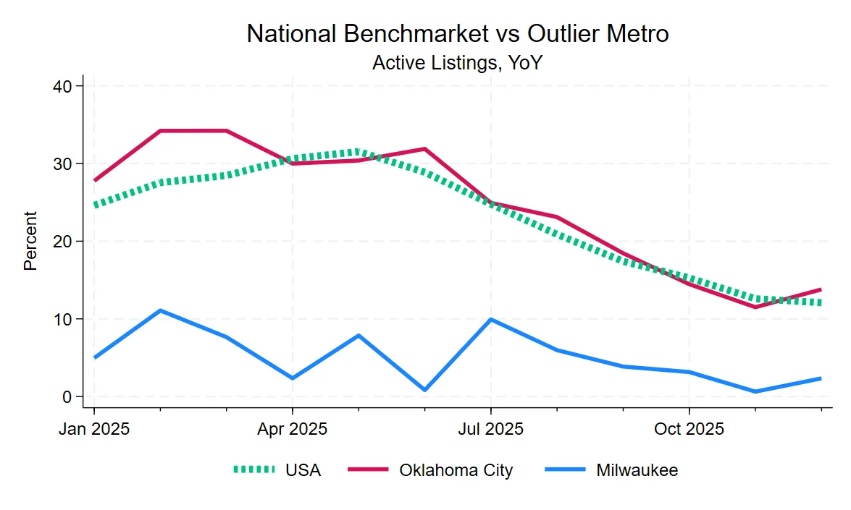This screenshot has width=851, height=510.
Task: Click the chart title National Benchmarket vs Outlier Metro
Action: click(457, 33)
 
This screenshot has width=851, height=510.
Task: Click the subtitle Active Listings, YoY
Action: click(457, 63)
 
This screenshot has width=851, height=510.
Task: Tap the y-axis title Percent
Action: click(30, 241)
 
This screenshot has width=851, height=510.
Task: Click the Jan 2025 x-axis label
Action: click(94, 429)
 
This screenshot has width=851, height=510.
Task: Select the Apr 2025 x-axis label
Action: click(292, 429)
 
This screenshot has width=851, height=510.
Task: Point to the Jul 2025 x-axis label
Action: click(490, 429)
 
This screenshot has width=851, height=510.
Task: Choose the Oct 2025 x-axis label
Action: click(689, 429)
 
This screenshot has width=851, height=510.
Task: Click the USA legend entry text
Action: click(303, 470)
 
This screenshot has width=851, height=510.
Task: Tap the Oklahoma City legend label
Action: click(456, 470)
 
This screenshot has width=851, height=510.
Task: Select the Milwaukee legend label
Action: click(637, 470)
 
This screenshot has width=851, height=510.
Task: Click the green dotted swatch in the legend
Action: click(253, 470)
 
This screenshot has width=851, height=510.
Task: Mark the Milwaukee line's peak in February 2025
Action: click(160, 310)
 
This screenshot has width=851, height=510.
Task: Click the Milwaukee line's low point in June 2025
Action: click(424, 390)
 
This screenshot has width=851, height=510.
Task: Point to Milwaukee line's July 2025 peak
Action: click(491, 319)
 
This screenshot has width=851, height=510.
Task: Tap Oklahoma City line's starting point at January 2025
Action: click(95, 180)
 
